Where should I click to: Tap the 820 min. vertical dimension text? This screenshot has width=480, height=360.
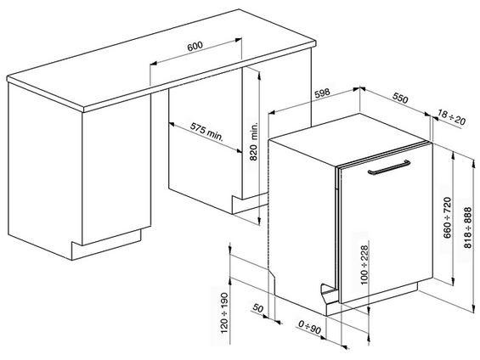coord(251,142)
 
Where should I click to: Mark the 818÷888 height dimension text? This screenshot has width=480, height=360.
coord(468,224)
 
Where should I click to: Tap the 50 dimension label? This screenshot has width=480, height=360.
coord(257,308)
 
